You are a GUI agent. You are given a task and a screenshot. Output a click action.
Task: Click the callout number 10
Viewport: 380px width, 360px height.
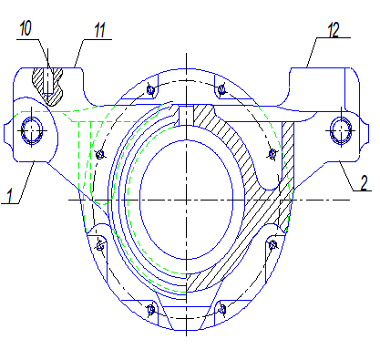[26, 29]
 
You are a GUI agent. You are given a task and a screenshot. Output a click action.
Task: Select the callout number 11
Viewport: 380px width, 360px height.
[99, 30]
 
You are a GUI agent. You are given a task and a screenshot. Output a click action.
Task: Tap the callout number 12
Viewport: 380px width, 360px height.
[334, 30]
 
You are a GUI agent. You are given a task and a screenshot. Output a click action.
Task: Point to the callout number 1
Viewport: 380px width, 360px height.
[10, 195]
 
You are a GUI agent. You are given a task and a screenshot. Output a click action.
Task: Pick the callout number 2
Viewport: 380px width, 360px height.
[364, 182]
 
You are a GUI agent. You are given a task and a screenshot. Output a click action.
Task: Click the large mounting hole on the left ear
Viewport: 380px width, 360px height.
[32, 130]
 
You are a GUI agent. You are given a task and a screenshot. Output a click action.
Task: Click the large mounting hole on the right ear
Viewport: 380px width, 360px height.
[341, 130]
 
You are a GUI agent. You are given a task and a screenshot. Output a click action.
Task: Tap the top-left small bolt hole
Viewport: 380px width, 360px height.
[150, 89]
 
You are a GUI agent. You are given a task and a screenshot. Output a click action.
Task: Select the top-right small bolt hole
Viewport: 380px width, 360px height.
[222, 89]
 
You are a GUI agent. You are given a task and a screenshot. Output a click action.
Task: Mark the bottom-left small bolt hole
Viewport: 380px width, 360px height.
[151, 310]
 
